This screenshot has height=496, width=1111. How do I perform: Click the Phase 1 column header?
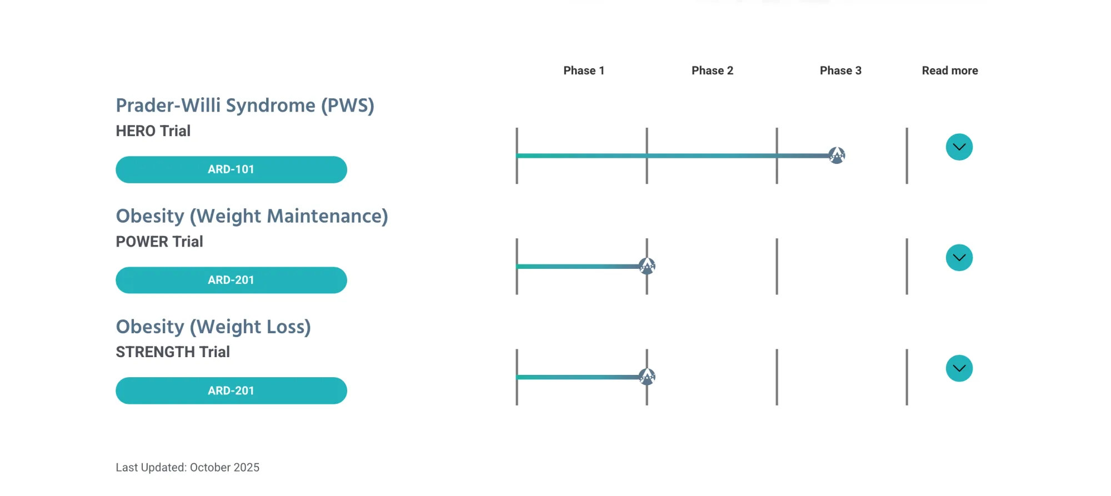tap(584, 71)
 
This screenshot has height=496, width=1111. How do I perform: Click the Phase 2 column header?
tap(712, 71)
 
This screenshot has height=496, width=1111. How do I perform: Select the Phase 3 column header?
tap(840, 71)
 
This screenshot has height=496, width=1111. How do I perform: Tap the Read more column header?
tap(950, 71)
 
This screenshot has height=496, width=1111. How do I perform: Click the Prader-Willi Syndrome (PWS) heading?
tap(245, 106)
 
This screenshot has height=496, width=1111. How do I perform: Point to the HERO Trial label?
tap(153, 131)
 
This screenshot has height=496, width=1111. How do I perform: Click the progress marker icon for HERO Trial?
tap(837, 155)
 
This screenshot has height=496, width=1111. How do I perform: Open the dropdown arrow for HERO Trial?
tap(959, 147)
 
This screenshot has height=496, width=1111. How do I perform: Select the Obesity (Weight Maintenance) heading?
tap(252, 216)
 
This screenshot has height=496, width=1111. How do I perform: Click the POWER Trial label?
tap(159, 242)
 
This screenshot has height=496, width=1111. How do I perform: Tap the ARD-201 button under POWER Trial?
tap(231, 280)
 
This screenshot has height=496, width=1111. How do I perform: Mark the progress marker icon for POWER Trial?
tap(647, 266)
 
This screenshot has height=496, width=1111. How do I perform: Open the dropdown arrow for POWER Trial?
tap(959, 258)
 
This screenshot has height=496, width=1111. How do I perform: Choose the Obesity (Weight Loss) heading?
tap(213, 327)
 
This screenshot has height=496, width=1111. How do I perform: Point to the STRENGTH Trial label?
tap(173, 352)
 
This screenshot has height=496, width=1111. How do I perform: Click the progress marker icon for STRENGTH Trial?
tap(647, 377)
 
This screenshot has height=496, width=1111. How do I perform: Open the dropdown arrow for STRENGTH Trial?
tap(959, 368)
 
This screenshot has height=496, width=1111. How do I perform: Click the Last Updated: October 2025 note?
tap(187, 468)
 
